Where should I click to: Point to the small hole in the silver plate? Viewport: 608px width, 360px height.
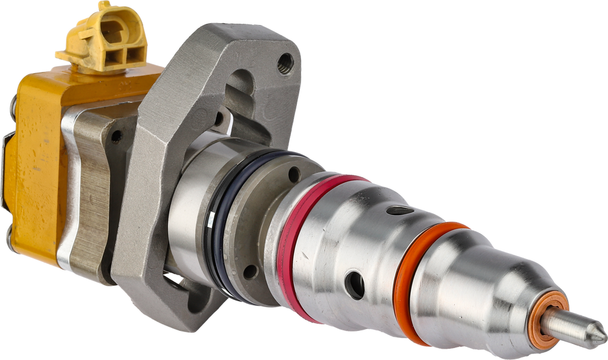(x=116, y=137)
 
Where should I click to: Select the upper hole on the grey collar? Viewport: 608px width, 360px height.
(x=293, y=174)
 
